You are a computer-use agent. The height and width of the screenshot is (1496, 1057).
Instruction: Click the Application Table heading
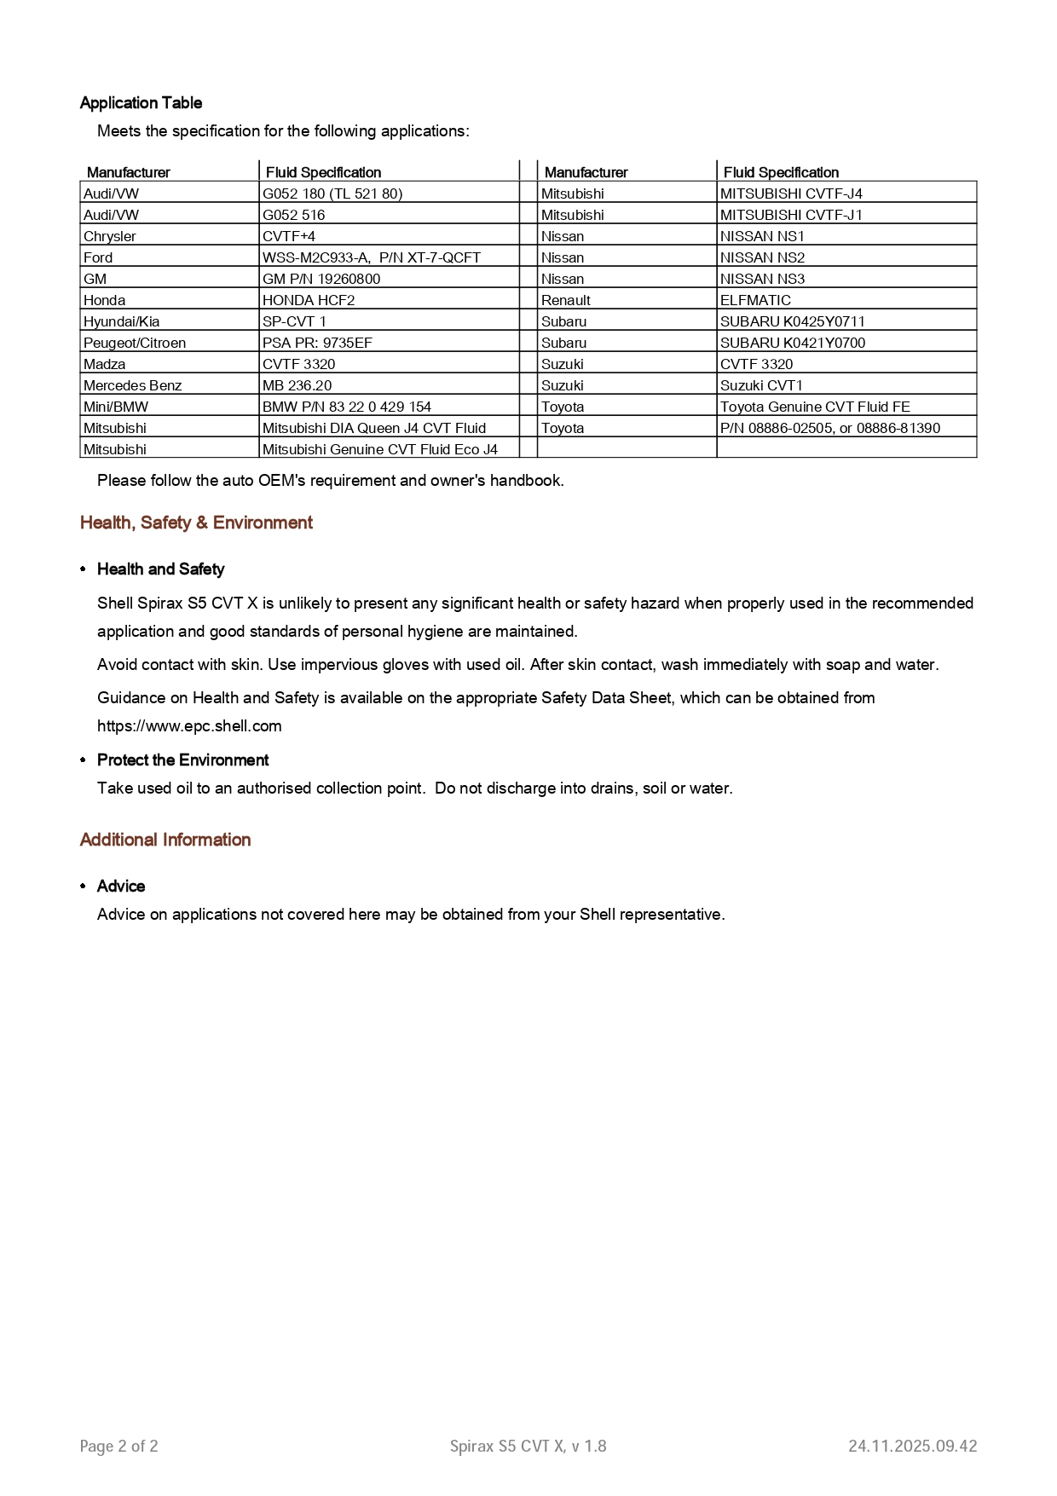point(141,103)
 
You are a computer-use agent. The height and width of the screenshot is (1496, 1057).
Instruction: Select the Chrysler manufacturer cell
point(110,236)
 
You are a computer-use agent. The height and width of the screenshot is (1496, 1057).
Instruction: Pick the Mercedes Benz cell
point(133,385)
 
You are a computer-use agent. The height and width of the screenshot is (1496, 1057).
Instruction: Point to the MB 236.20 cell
point(297,385)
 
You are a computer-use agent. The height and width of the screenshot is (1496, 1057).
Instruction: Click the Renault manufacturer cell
point(566,300)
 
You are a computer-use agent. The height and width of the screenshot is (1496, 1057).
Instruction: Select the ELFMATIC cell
point(755,300)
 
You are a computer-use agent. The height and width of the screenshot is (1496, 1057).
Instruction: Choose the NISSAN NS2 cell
point(762,257)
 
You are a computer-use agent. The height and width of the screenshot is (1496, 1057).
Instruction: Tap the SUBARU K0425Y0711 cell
point(792,321)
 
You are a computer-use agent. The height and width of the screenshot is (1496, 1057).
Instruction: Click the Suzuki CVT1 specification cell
point(761,385)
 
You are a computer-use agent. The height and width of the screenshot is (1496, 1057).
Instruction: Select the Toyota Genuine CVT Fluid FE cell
point(815,407)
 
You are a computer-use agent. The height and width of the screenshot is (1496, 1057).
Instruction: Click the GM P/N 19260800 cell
point(321,279)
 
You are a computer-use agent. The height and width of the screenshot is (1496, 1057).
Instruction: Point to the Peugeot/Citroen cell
point(135,343)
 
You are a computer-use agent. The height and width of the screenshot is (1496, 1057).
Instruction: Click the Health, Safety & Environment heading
point(196,523)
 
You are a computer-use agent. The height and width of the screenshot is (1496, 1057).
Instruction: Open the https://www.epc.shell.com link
point(189,726)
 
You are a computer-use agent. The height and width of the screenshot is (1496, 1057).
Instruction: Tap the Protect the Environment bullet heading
point(182,760)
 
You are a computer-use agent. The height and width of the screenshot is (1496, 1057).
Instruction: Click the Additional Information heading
point(165,840)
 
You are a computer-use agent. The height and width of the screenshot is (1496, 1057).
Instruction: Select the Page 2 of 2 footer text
point(119,1446)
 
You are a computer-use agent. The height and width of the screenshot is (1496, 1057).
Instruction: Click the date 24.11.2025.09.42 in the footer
point(912,1446)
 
